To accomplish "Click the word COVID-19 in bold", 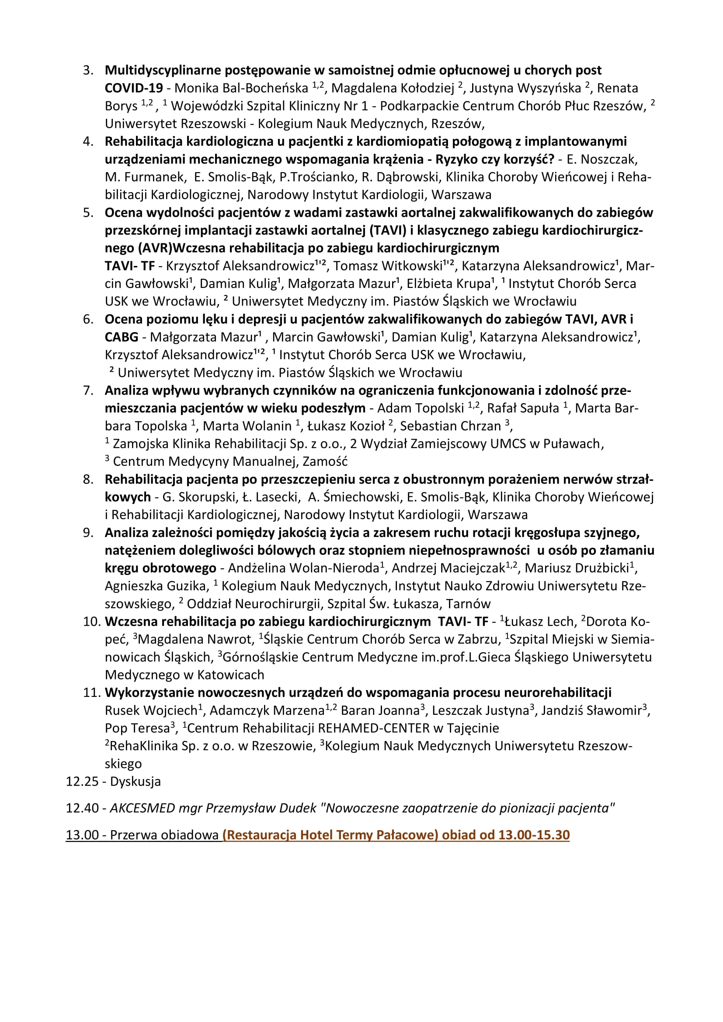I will click(134, 88).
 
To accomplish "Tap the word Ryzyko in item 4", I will click(458, 159).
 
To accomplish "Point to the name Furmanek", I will click(154, 177).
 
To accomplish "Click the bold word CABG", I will click(121, 337).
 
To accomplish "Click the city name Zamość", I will click(324, 461).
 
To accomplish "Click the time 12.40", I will click(82, 808).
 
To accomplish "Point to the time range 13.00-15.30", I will click(534, 835).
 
